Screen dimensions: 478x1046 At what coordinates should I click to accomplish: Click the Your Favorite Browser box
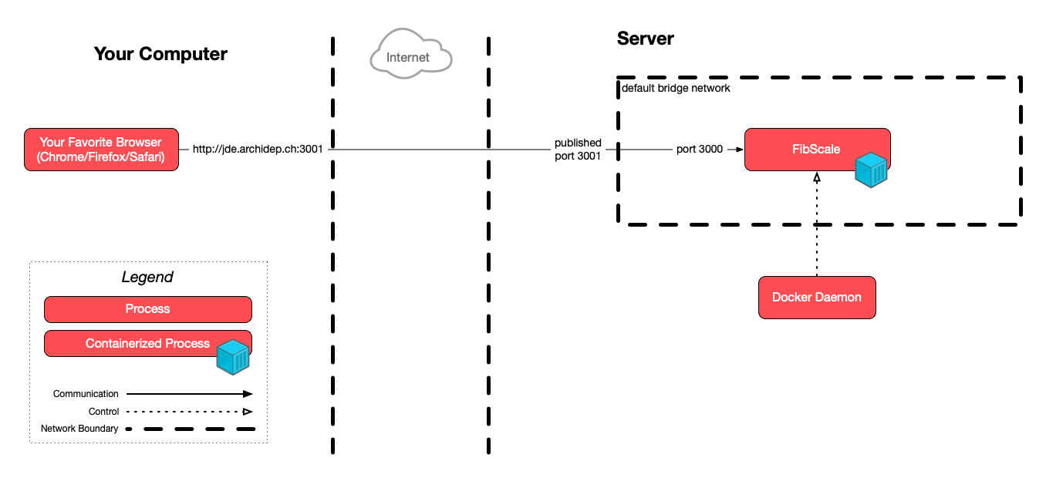[101, 149]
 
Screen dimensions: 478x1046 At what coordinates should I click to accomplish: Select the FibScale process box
[816, 149]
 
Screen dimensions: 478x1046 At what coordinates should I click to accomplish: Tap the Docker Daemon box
[817, 297]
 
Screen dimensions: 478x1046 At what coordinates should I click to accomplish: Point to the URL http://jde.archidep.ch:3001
[258, 149]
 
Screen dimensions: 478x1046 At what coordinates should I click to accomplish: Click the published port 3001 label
[578, 149]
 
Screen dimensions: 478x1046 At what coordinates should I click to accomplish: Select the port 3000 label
[699, 149]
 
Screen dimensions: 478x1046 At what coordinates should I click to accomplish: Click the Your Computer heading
[160, 54]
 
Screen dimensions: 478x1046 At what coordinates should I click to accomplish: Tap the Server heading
[645, 39]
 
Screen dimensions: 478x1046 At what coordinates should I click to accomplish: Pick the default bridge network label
[676, 89]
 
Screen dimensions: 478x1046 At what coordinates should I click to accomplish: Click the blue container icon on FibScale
[871, 170]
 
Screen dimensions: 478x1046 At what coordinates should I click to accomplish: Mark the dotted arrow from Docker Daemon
[816, 227]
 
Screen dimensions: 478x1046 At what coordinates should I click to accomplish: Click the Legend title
[147, 277]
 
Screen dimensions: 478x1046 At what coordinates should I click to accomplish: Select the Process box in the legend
[147, 308]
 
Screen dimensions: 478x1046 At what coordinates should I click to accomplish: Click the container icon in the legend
[233, 355]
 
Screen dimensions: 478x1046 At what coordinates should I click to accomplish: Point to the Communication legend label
[86, 394]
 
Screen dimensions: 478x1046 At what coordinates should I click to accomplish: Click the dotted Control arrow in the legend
[189, 412]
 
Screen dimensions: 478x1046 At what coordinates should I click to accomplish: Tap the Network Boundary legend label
[79, 429]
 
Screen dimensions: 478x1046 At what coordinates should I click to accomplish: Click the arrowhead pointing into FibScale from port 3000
[738, 150]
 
